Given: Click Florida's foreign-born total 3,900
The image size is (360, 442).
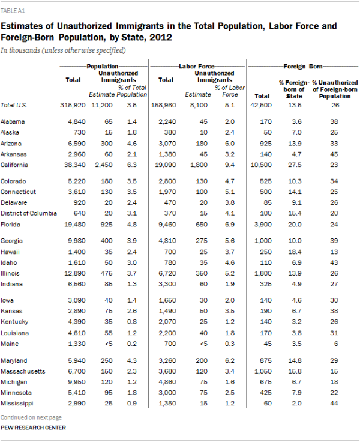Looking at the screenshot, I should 261,225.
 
